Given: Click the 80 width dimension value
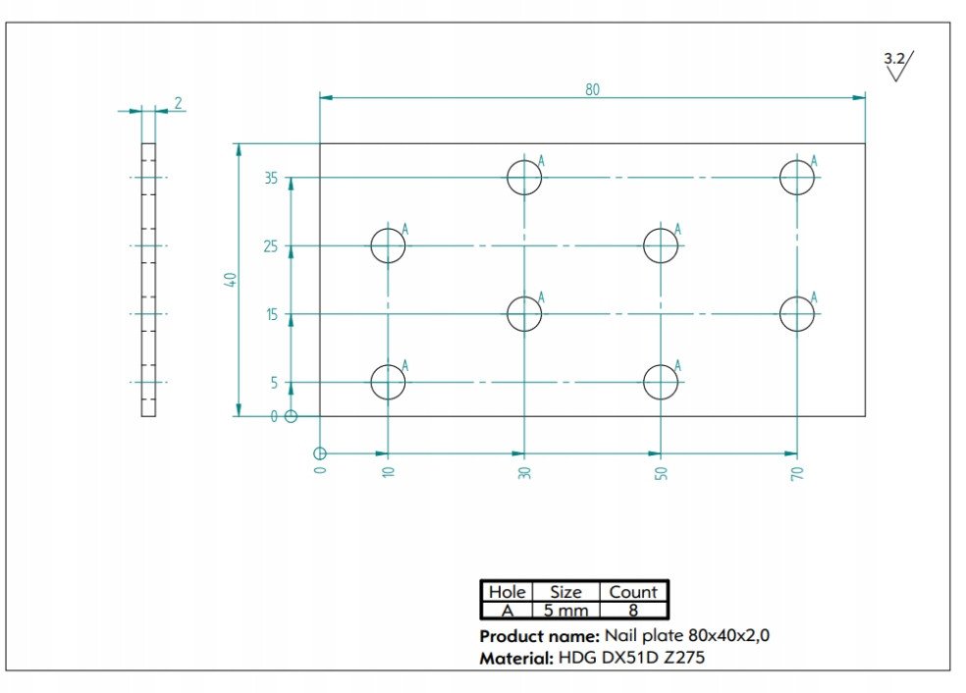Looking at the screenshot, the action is [592, 89].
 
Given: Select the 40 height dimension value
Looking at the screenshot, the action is [230, 280].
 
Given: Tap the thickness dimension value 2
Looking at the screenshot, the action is [178, 103].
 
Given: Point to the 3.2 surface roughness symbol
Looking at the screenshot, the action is [898, 66].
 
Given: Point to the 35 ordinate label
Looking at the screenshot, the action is [271, 178].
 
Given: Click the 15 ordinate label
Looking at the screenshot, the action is [272, 315].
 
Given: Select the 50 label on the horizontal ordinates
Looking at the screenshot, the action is [661, 473].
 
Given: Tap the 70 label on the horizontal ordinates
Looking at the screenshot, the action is [797, 473].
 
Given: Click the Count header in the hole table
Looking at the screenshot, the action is [632, 592].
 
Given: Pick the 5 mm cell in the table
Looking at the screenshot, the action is [565, 612].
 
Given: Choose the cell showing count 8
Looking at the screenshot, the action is [632, 612].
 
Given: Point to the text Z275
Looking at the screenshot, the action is [684, 658].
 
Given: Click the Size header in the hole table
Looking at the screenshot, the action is [565, 592].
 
